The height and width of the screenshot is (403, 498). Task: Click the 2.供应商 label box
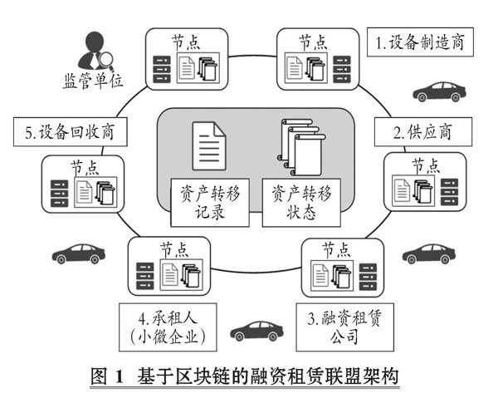point(422,130)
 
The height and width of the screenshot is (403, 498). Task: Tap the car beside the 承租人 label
point(256,330)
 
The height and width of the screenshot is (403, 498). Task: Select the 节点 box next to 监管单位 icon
point(187,59)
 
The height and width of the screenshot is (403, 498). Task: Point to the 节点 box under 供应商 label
point(422,184)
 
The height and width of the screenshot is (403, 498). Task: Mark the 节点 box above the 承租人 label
point(169,267)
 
